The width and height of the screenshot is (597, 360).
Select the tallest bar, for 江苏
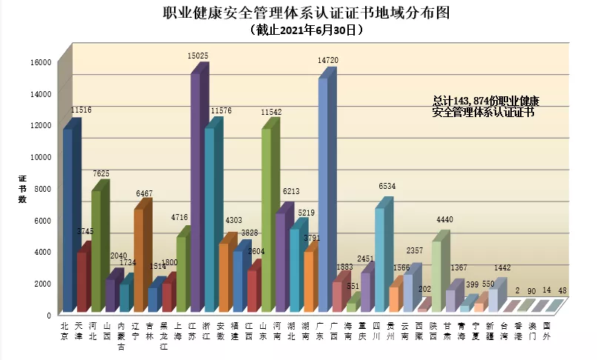tap(196, 193)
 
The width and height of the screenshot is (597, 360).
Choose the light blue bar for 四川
tap(379, 259)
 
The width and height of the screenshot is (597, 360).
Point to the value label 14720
tap(329, 59)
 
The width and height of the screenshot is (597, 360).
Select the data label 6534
tap(387, 187)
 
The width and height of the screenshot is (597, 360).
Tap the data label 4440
tap(444, 220)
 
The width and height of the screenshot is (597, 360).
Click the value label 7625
tap(100, 173)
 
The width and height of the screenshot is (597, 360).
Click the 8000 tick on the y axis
tap(45, 189)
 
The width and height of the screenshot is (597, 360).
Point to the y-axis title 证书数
tap(22, 190)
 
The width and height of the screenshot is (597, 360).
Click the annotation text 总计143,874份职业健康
tap(486, 101)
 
